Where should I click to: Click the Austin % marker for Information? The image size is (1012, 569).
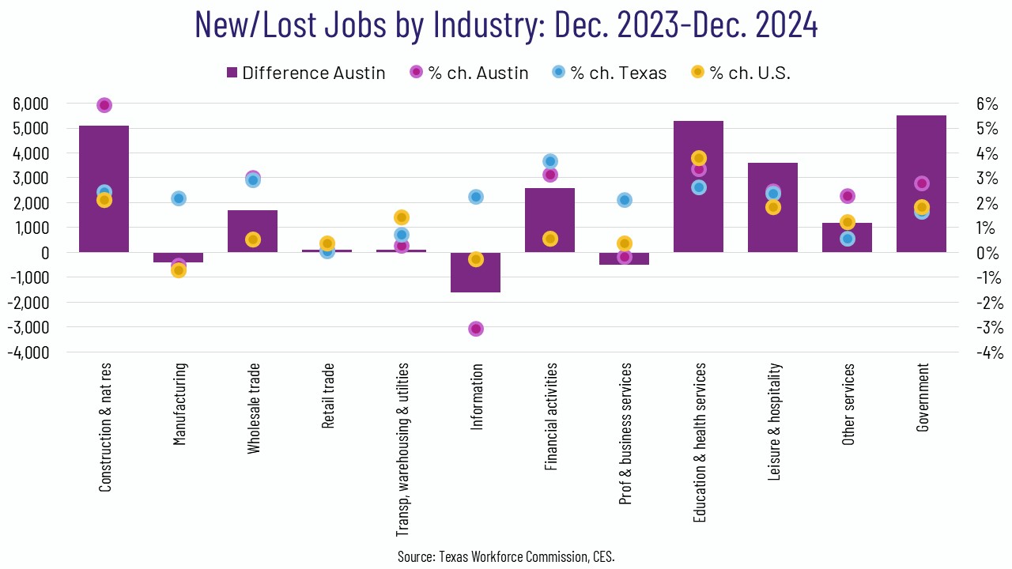[x=476, y=329]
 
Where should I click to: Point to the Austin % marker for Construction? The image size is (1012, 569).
[x=104, y=105]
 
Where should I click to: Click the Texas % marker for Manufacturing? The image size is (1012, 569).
[x=179, y=198]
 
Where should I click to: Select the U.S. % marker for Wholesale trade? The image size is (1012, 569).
[x=253, y=239]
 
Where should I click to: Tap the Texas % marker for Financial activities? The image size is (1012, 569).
[x=550, y=161]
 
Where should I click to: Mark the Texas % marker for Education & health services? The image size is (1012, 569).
[x=699, y=187]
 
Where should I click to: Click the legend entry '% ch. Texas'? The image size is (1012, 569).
[x=609, y=73]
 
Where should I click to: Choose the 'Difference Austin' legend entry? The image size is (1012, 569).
[x=305, y=73]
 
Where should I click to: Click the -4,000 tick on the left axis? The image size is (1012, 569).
[x=28, y=352]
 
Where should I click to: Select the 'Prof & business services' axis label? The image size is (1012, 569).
[x=625, y=434]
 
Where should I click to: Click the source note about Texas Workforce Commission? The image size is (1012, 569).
[x=506, y=556]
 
